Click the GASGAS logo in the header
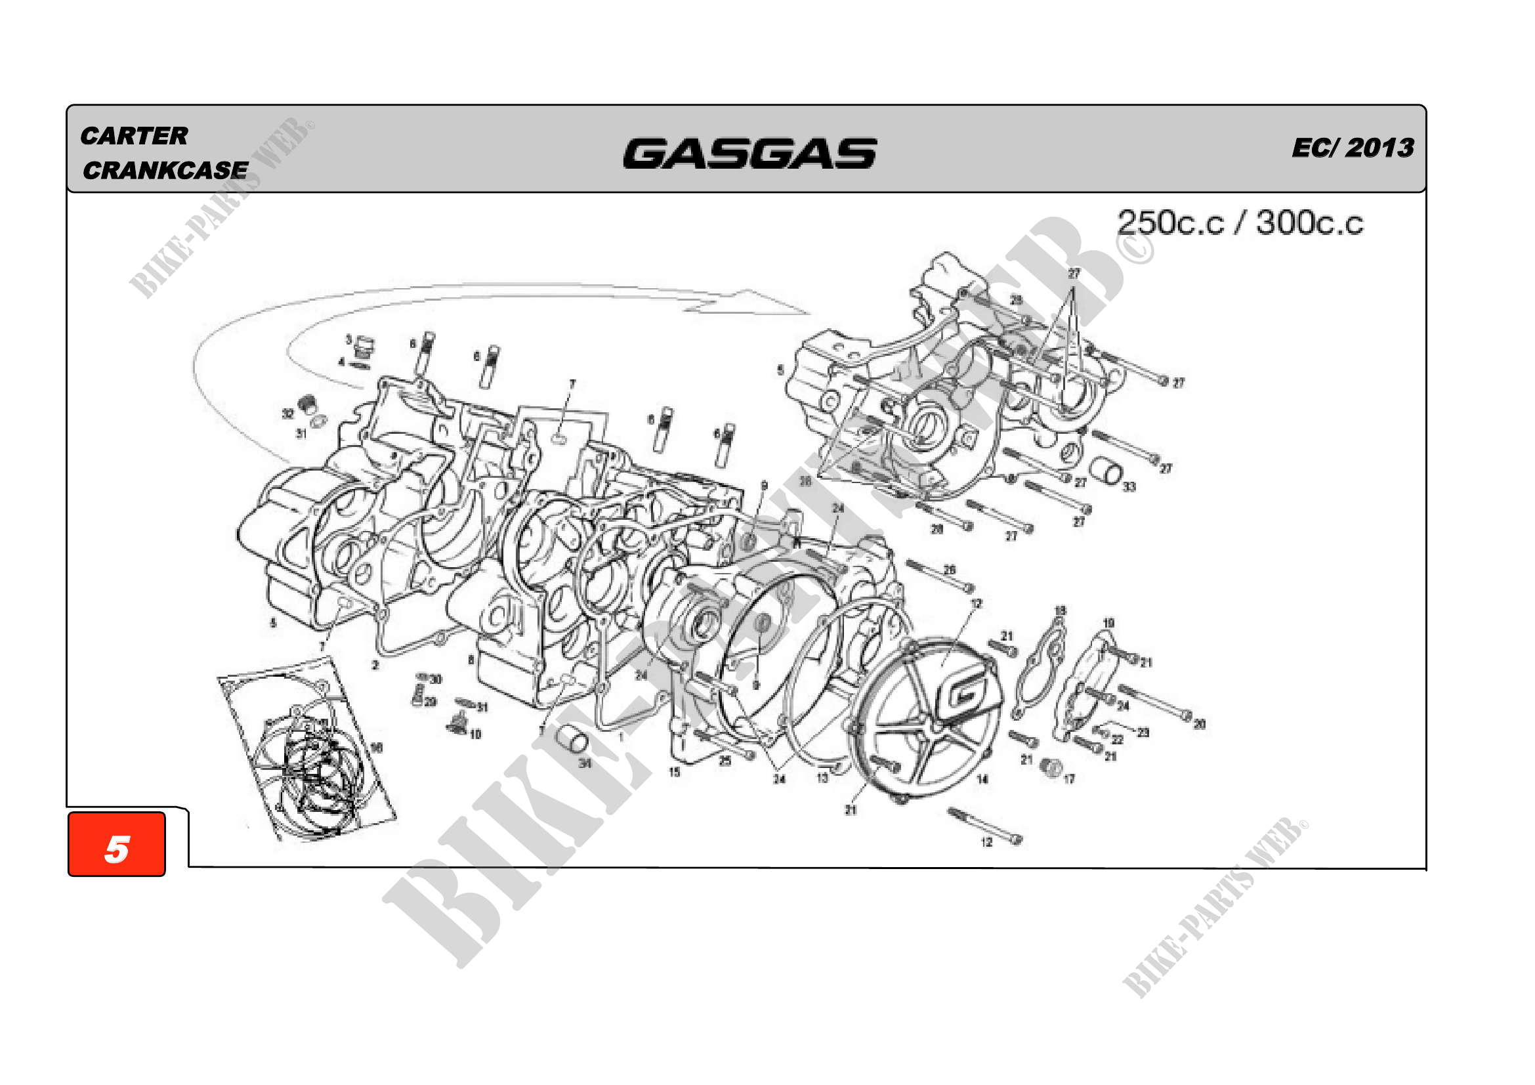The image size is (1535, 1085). pyautogui.click(x=749, y=153)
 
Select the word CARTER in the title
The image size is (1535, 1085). pyautogui.click(x=135, y=137)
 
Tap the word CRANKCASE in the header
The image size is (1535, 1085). pyautogui.click(x=165, y=171)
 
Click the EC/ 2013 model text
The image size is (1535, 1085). pyautogui.click(x=1353, y=148)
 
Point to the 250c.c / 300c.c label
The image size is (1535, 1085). pyautogui.click(x=1240, y=223)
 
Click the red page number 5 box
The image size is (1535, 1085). pyautogui.click(x=117, y=843)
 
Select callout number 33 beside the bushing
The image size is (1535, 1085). pyautogui.click(x=1129, y=486)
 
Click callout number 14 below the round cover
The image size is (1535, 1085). pyautogui.click(x=982, y=779)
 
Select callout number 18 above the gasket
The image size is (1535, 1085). pyautogui.click(x=1061, y=610)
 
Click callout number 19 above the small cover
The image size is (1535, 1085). pyautogui.click(x=1108, y=623)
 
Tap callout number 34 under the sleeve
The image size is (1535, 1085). pyautogui.click(x=585, y=763)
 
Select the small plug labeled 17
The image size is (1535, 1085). pyautogui.click(x=1051, y=768)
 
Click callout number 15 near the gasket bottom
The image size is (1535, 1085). pyautogui.click(x=675, y=772)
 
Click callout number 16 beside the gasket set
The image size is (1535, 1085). pyautogui.click(x=377, y=748)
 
